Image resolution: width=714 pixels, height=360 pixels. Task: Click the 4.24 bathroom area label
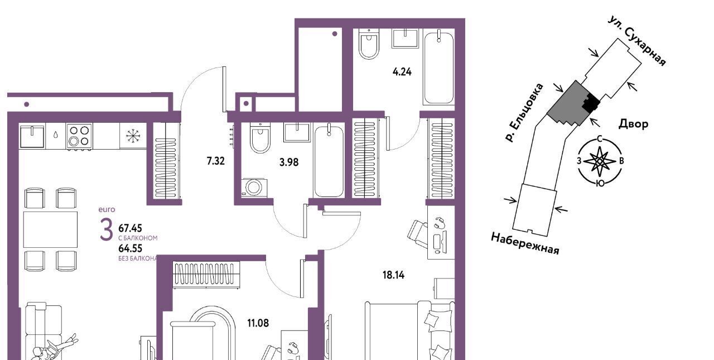click(402, 72)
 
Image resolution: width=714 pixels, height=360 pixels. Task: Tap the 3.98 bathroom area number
click(289, 162)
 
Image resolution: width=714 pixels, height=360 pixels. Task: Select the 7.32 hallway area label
click(215, 161)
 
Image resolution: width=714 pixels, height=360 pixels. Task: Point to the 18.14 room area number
click(393, 275)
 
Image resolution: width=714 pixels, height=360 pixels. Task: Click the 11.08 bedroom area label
click(258, 323)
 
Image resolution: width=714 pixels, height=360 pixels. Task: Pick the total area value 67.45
click(130, 228)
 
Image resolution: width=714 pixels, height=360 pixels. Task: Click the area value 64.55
click(130, 248)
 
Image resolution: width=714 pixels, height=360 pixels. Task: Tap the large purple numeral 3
click(106, 229)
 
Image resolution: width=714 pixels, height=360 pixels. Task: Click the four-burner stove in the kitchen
click(79, 136)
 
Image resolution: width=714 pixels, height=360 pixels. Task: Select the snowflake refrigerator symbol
click(133, 136)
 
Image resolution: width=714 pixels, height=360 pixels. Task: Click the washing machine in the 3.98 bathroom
click(254, 187)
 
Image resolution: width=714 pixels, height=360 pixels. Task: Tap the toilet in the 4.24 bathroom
click(369, 44)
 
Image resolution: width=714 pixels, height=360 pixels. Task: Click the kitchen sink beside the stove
click(32, 136)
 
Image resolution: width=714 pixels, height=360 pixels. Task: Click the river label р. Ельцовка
click(524, 113)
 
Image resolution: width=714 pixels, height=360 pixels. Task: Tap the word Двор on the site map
click(633, 123)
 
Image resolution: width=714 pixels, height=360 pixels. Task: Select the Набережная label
click(525, 243)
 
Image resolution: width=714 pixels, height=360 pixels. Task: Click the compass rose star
click(600, 161)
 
